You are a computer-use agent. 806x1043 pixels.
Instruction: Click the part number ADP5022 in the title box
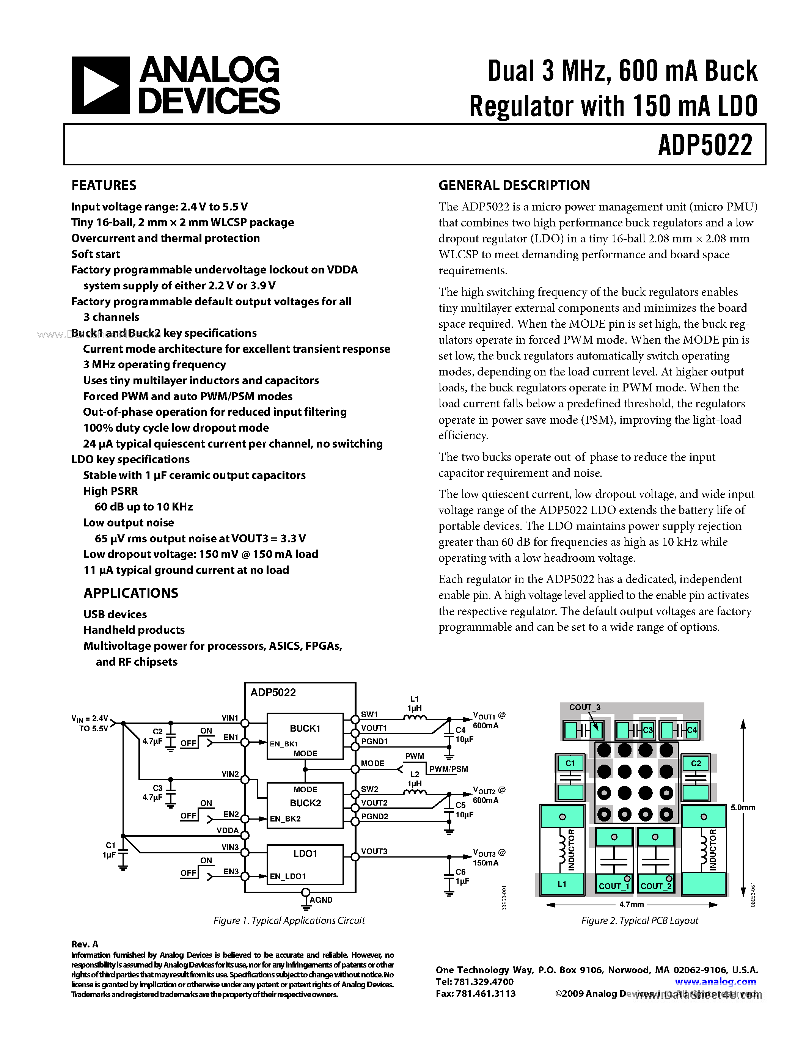tap(705, 145)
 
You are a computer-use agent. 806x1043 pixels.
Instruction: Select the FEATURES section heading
tap(104, 185)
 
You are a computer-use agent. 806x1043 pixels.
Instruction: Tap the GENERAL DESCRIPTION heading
tap(514, 185)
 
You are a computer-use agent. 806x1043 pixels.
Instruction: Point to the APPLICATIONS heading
tap(131, 593)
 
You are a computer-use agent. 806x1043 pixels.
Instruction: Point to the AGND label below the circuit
tap(321, 900)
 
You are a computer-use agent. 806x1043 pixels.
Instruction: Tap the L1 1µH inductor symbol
tap(415, 717)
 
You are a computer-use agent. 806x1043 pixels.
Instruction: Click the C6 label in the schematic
tap(460, 872)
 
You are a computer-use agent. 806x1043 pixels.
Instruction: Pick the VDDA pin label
tap(227, 831)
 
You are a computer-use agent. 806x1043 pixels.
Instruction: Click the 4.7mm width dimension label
tap(631, 905)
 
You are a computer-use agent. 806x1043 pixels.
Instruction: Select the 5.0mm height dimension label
tap(743, 807)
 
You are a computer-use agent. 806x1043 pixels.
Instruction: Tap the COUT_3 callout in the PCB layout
tap(584, 707)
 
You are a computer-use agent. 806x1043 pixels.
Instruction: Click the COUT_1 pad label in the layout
tap(614, 886)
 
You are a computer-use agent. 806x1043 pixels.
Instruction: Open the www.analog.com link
tap(715, 982)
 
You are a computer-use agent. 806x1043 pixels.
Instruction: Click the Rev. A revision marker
tap(85, 944)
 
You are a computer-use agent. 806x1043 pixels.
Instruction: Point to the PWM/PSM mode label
tap(448, 769)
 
